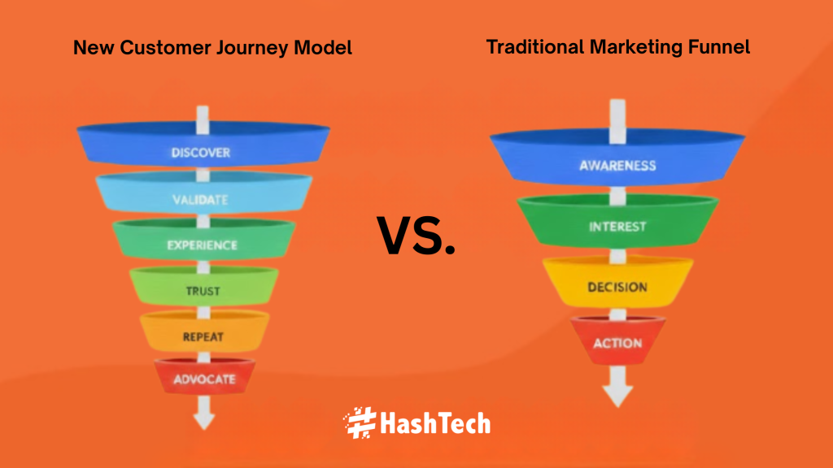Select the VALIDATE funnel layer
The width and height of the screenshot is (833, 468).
203,193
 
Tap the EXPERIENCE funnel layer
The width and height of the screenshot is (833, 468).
203,240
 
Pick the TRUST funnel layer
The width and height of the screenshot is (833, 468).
203,287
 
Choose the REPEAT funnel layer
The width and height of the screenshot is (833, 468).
204,331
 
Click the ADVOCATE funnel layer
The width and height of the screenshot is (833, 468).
204,376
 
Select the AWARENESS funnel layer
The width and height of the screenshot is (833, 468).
617,158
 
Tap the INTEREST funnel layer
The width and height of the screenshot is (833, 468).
617,221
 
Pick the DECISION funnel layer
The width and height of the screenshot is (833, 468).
617,282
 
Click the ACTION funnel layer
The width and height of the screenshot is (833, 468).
617,340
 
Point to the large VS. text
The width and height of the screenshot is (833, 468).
416,236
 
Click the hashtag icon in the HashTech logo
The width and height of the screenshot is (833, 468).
360,422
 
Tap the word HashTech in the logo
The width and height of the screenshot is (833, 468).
435,423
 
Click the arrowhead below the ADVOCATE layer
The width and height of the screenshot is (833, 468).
204,421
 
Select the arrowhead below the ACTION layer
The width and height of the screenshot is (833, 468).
618,396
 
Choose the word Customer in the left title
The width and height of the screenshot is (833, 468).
165,48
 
